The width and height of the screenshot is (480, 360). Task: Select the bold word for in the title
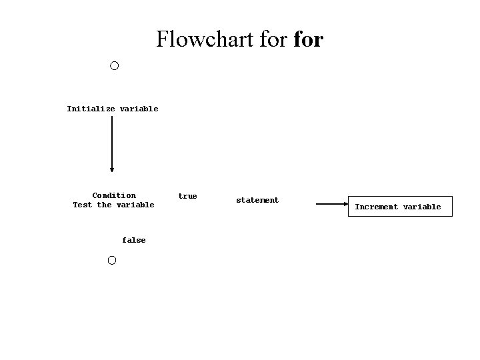click(309, 39)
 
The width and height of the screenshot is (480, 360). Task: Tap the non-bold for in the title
click(271, 39)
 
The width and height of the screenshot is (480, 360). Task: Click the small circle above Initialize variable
click(114, 66)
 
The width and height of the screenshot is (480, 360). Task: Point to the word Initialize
click(91, 109)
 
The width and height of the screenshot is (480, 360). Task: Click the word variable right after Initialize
click(139, 109)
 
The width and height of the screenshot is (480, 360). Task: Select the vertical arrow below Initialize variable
click(112, 143)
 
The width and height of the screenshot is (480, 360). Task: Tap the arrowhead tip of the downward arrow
click(112, 171)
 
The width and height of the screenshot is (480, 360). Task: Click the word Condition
click(114, 195)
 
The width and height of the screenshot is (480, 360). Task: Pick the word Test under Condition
click(83, 205)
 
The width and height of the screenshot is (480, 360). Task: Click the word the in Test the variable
click(104, 205)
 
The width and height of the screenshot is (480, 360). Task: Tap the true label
click(187, 196)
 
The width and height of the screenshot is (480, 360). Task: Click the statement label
click(257, 200)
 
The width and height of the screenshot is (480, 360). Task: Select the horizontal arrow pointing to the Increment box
click(331, 205)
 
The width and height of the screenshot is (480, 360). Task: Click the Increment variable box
click(398, 207)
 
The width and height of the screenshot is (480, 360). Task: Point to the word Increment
click(377, 207)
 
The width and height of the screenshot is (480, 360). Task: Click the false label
click(133, 240)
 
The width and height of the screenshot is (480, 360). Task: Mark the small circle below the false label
click(111, 260)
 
